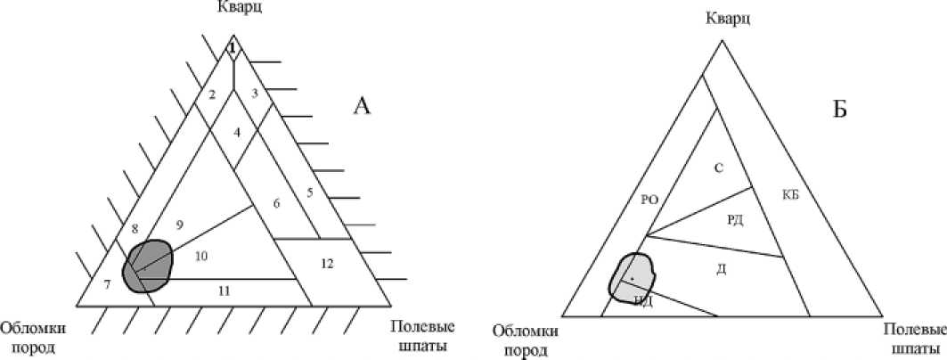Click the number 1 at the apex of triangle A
232,48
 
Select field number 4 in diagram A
237,132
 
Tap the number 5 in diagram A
309,192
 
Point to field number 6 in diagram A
277,203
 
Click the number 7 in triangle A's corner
107,284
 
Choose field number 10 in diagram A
201,256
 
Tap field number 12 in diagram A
328,263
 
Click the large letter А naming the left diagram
362,106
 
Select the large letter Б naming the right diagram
839,110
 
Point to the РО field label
649,200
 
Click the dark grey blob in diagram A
148,265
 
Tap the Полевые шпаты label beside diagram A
418,336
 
